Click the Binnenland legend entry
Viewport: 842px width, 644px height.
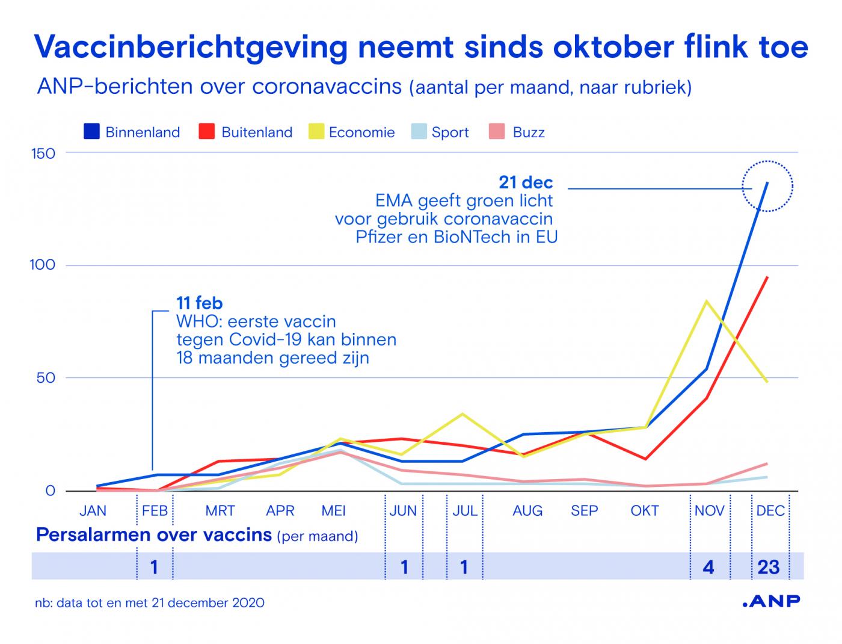coord(132,132)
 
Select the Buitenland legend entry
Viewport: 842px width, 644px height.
coord(246,132)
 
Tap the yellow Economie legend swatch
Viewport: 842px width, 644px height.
coord(316,132)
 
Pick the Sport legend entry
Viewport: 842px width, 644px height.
coord(440,132)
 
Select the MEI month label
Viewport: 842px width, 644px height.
coord(334,511)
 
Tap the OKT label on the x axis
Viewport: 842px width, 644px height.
coord(644,511)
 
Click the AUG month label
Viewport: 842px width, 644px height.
coord(527,511)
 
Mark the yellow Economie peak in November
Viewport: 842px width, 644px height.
coord(706,301)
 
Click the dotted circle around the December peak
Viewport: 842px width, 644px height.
coord(767,186)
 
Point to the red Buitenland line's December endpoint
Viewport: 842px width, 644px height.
coord(767,277)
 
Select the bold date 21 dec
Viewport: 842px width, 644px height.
coord(526,182)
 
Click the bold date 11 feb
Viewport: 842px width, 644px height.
coord(199,303)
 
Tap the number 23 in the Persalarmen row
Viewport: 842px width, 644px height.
coord(769,567)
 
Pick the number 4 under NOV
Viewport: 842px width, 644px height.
coord(708,567)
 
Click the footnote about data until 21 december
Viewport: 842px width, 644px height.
coord(150,602)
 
